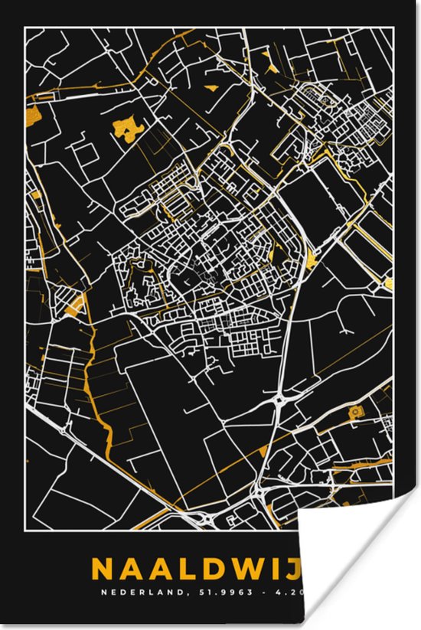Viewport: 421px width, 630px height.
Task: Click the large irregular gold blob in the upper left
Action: [x=126, y=128]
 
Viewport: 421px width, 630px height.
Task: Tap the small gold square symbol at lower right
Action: [x=354, y=413]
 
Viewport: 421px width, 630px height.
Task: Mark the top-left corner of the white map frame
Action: [x=25, y=28]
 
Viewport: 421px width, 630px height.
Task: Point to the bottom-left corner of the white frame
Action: [x=25, y=530]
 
